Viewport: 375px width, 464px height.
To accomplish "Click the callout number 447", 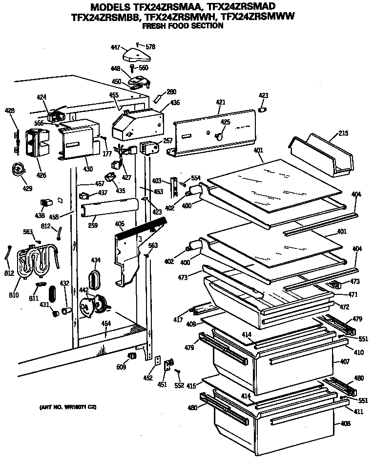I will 115,47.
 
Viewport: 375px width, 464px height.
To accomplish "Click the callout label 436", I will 174,103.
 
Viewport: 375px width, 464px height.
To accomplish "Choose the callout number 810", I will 14,295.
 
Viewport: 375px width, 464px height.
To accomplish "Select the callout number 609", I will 121,367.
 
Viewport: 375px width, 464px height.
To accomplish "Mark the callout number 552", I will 179,385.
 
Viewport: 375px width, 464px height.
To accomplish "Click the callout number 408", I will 345,423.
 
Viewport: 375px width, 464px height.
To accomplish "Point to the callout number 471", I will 353,294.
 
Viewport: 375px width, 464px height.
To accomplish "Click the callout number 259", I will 93,225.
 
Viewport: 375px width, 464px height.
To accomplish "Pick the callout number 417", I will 178,320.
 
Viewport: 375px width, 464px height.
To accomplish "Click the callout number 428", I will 9,111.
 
